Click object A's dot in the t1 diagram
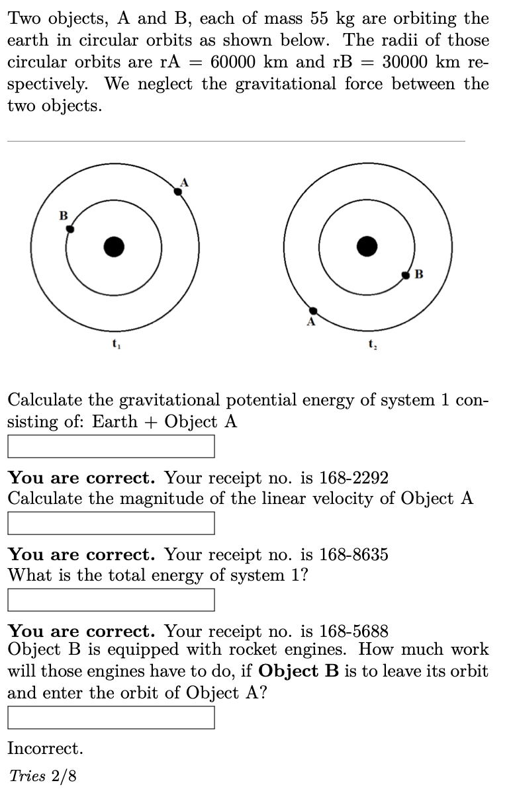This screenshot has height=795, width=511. (x=177, y=191)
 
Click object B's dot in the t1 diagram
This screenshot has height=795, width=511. (x=70, y=229)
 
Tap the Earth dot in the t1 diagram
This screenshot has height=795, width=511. (x=114, y=247)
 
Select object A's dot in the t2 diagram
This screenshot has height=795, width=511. (x=314, y=311)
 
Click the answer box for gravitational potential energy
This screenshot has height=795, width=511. (x=111, y=446)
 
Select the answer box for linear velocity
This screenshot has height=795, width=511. (x=111, y=523)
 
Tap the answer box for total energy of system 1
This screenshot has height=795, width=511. (x=111, y=599)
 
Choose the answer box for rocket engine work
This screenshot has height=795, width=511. (x=111, y=718)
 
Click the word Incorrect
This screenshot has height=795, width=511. (x=46, y=749)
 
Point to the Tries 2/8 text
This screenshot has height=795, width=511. (x=43, y=776)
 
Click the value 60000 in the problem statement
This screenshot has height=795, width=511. (x=236, y=62)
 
